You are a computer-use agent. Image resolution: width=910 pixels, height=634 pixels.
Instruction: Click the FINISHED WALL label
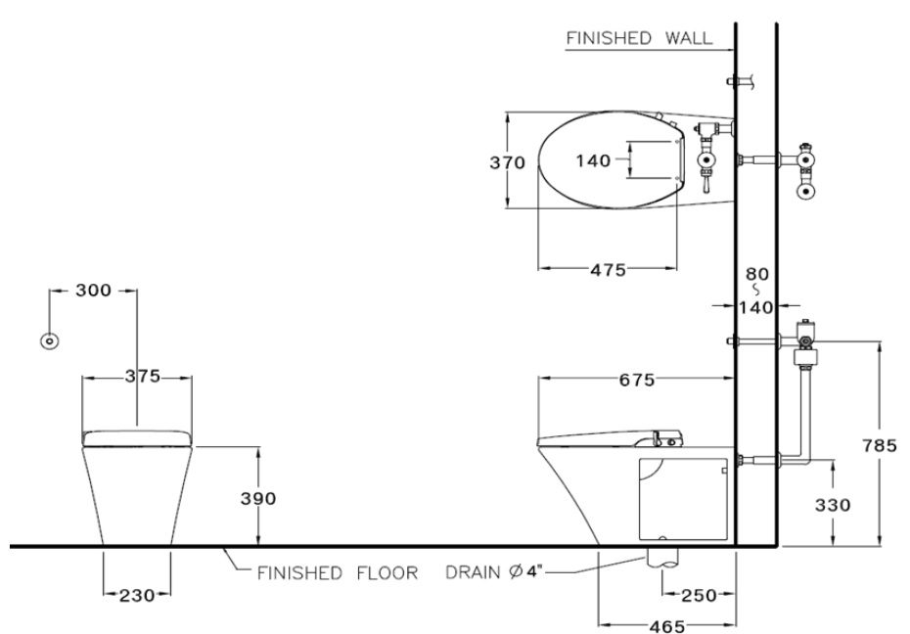point(637,38)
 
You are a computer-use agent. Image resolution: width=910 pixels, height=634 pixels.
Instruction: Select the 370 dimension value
point(508,163)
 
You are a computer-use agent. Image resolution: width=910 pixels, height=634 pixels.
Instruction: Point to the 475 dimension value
point(608,270)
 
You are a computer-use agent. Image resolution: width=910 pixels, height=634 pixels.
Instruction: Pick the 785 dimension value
point(880,445)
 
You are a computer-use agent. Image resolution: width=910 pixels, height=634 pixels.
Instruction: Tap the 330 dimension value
point(833,505)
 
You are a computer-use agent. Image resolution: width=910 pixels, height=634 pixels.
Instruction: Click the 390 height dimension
point(258,498)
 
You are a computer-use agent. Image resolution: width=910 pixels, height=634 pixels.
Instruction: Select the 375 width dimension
point(142,379)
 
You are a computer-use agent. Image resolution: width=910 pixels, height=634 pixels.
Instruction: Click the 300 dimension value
point(94,291)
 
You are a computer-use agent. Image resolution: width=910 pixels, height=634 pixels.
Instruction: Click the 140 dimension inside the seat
point(593,160)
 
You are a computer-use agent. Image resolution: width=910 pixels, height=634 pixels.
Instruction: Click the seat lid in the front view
point(137,436)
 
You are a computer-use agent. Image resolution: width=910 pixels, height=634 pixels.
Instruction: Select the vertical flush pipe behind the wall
point(806,411)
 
